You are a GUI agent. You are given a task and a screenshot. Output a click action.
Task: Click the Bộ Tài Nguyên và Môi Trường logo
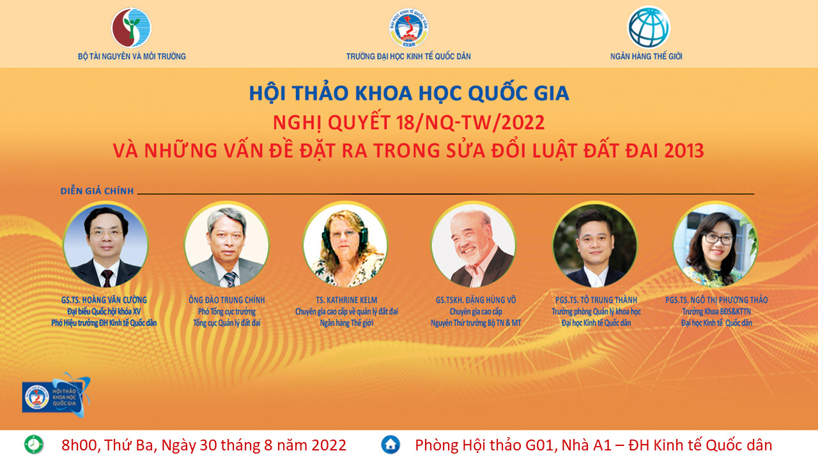click(131, 27)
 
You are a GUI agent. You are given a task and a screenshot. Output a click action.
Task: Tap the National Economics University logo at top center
click(408, 28)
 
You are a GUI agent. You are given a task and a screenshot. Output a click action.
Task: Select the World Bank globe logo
click(649, 27)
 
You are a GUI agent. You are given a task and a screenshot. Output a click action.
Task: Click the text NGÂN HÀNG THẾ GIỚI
click(646, 57)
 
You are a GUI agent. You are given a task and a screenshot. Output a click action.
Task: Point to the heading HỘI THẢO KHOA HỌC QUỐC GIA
click(408, 93)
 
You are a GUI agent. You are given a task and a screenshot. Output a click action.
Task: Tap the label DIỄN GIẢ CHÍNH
click(97, 191)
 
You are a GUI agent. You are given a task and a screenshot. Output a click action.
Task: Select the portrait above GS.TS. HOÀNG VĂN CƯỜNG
click(105, 245)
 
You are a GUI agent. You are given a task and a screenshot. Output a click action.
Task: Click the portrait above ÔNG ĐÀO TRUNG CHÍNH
click(227, 245)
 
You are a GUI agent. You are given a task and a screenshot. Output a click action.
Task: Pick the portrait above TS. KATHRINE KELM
click(346, 245)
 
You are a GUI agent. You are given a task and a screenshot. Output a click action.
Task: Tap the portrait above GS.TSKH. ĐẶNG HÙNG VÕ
click(474, 245)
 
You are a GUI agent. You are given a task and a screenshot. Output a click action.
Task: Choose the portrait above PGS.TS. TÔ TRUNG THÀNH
click(595, 245)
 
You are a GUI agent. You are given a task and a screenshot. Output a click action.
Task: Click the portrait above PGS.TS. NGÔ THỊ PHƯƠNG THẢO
click(715, 245)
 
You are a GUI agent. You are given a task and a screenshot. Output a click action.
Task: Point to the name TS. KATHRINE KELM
click(346, 300)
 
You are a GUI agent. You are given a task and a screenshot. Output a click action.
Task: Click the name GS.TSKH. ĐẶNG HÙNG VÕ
click(476, 300)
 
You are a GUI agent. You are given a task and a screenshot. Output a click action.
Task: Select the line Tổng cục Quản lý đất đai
click(227, 323)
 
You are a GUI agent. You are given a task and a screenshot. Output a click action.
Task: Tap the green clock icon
click(34, 445)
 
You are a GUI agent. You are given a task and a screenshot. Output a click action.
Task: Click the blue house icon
click(390, 445)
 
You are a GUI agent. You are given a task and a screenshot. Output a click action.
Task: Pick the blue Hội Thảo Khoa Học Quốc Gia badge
click(56, 395)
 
